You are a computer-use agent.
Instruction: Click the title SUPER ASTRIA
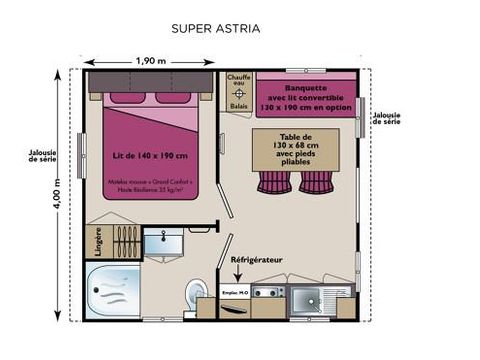point(216,28)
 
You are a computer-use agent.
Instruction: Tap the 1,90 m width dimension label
point(150,61)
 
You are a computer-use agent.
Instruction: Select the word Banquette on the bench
point(305,73)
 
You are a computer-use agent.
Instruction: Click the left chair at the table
point(273,182)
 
